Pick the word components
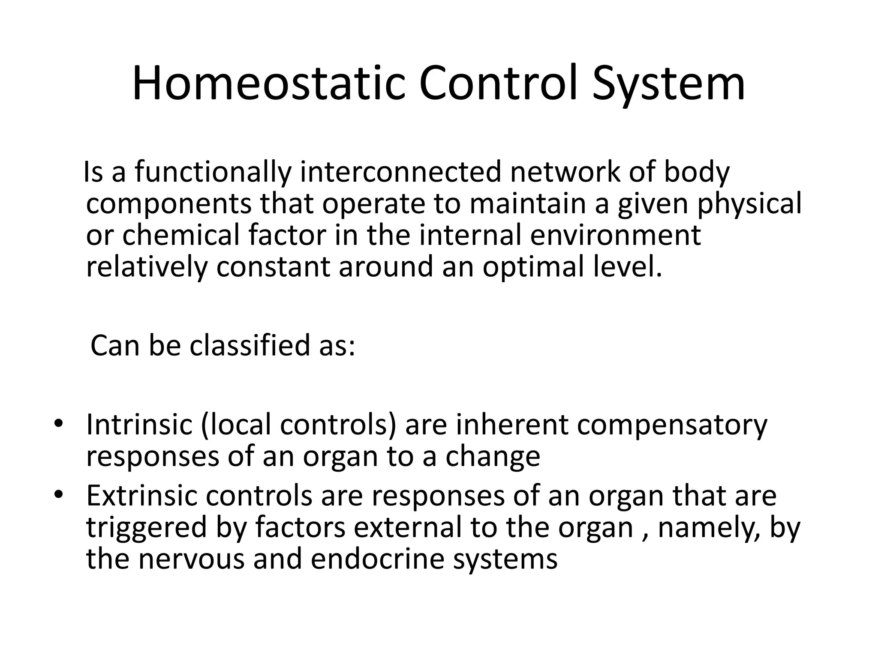tap(169, 204)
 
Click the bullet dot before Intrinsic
tap(59, 424)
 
